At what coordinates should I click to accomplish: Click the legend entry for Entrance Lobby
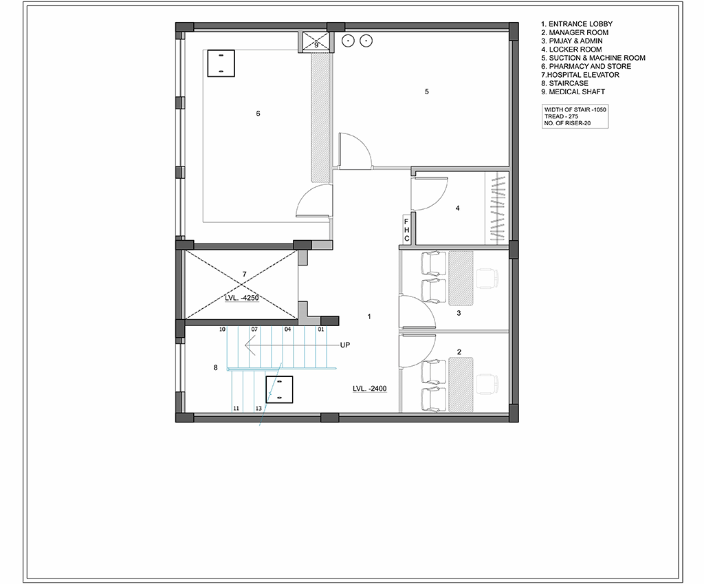point(577,24)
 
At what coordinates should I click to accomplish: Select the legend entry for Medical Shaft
point(573,91)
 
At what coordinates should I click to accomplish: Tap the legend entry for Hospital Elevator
point(580,74)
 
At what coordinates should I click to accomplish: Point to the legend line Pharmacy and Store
point(586,66)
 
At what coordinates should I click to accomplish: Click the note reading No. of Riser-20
point(567,123)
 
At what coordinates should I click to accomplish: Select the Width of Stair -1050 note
point(575,109)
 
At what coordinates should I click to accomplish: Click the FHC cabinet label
point(407,230)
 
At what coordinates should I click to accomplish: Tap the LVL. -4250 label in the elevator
point(241,298)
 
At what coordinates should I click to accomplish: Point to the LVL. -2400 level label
point(369,389)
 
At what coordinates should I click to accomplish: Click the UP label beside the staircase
point(345,345)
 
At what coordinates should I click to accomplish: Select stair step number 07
point(254,329)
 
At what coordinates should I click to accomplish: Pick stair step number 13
point(258,409)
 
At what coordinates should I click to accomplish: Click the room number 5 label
point(426,91)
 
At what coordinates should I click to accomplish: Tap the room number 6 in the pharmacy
point(258,113)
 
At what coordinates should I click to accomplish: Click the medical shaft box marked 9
point(316,42)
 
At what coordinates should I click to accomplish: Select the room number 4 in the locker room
point(457,208)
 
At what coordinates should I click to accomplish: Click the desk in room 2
point(461,385)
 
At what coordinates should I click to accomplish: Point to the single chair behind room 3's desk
point(487,279)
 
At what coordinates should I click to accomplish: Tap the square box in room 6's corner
point(221,63)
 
